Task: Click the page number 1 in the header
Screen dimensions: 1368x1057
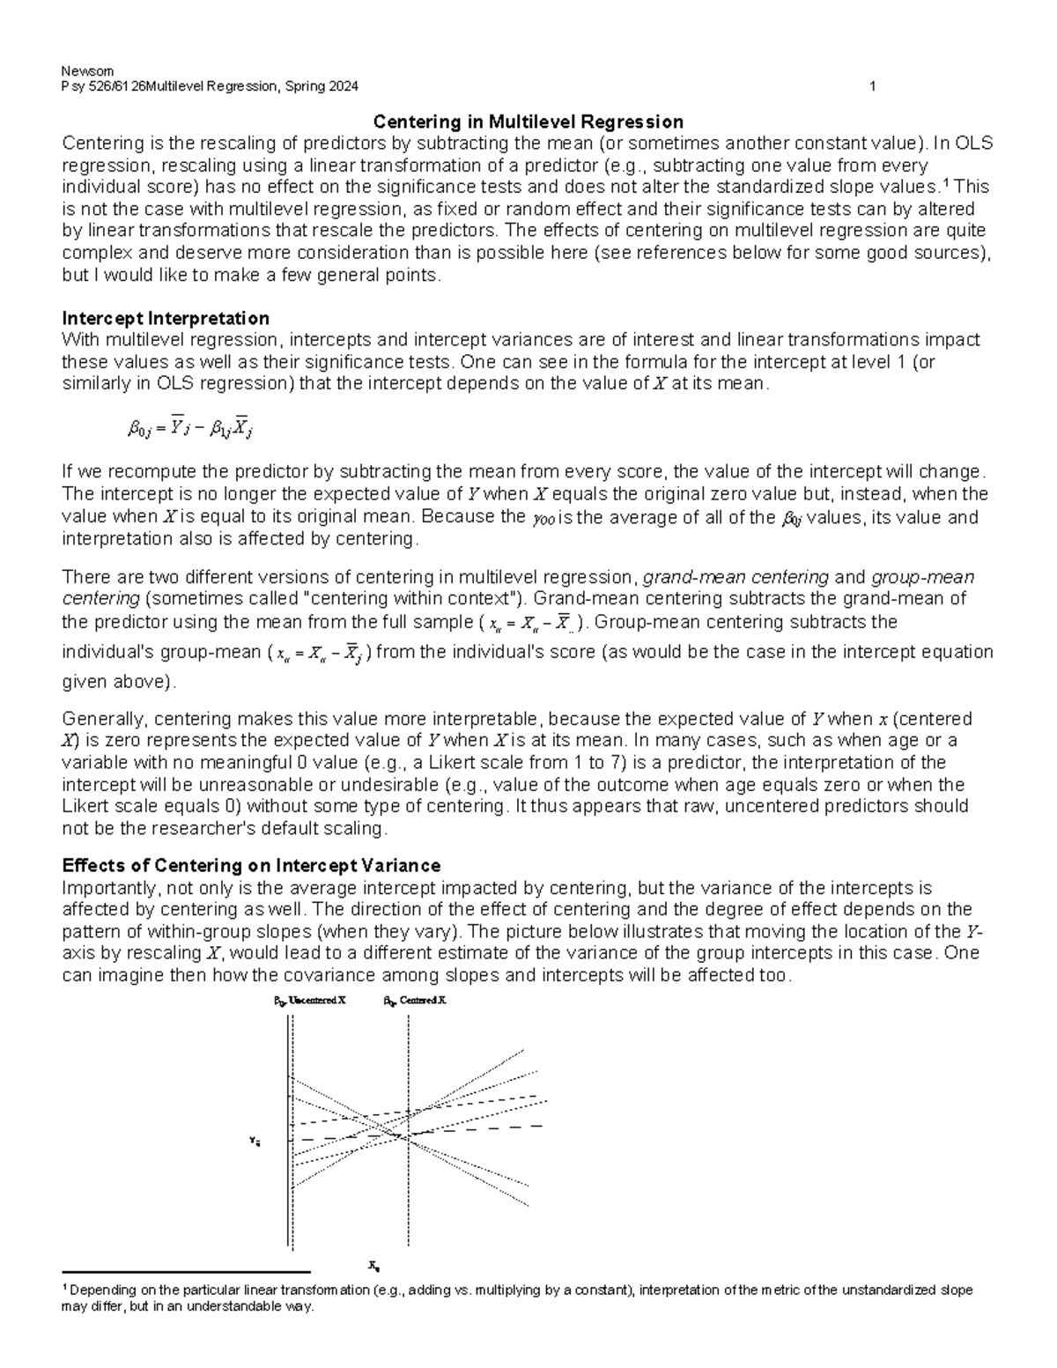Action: tap(871, 86)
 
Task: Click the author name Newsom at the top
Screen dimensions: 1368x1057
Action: tap(83, 71)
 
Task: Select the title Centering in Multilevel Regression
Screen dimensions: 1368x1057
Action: tap(528, 122)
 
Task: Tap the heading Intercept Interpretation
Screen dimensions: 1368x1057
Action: tap(166, 318)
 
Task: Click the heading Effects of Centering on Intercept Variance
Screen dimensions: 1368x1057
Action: tap(251, 865)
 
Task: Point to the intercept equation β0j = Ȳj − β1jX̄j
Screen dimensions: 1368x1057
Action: tap(192, 429)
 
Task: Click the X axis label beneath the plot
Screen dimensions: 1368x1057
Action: tap(373, 1267)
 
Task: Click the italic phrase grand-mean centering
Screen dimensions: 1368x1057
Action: tap(735, 578)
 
